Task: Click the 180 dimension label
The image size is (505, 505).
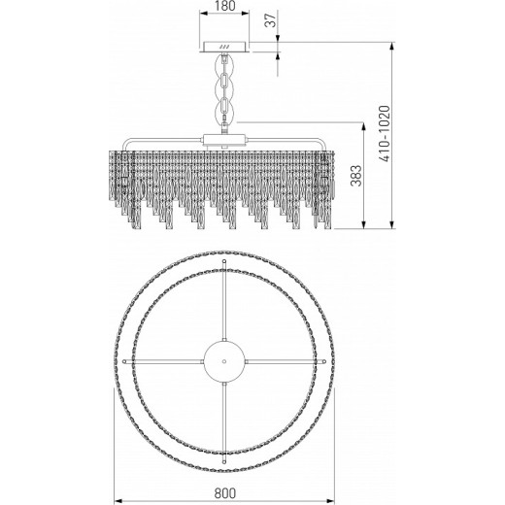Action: pyautogui.click(x=224, y=6)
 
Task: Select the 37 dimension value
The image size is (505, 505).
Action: pyautogui.click(x=271, y=20)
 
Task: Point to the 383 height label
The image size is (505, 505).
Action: pyautogui.click(x=356, y=176)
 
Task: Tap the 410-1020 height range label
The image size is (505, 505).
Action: pyautogui.click(x=385, y=133)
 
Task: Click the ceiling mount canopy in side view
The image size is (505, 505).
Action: pyautogui.click(x=225, y=47)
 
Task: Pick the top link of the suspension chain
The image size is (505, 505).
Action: pyautogui.click(x=223, y=64)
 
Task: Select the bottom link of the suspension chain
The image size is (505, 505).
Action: pyautogui.click(x=223, y=109)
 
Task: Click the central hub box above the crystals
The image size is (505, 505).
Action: pyautogui.click(x=224, y=140)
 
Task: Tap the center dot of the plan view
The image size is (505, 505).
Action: pyautogui.click(x=224, y=360)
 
